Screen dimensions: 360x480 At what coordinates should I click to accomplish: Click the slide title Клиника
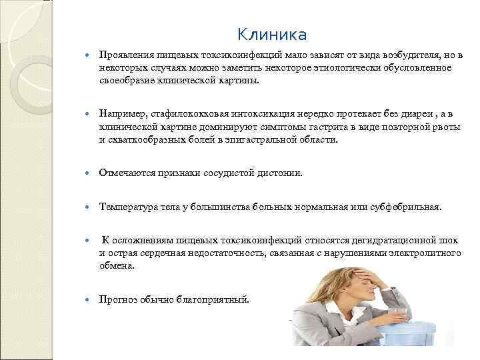(x=271, y=34)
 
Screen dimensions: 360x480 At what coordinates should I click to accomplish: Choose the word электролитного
(x=425, y=253)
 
